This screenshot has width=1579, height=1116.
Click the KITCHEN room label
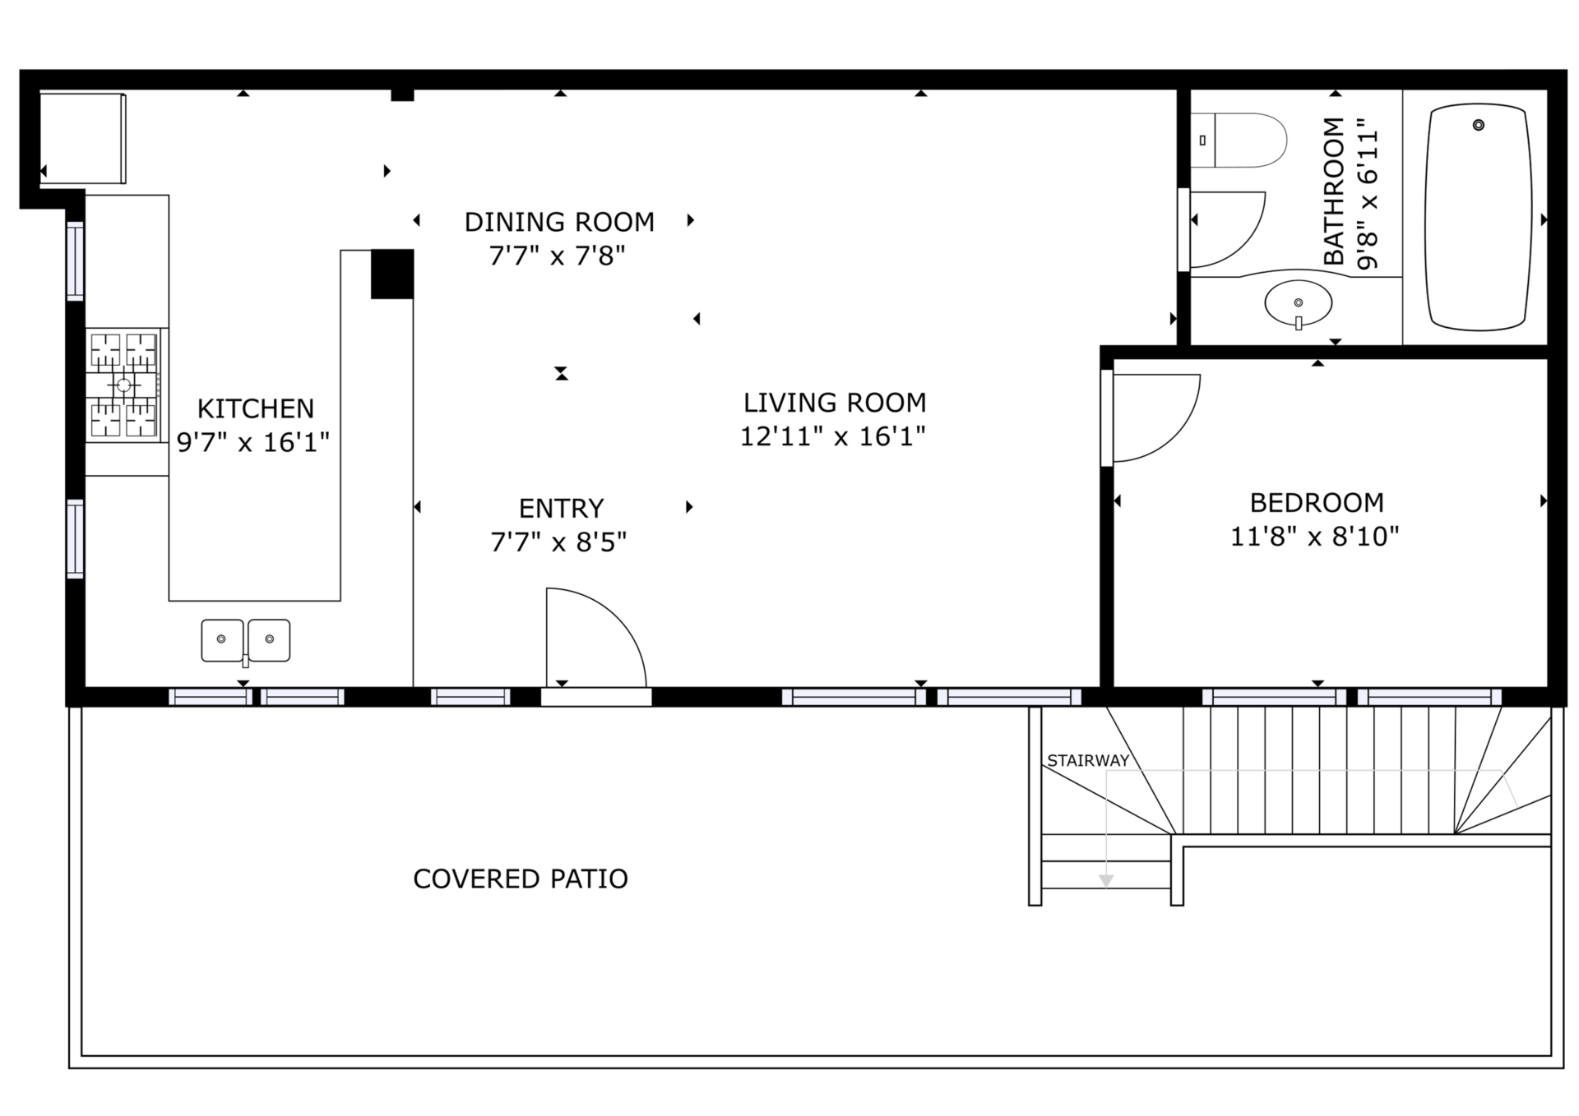pyautogui.click(x=255, y=408)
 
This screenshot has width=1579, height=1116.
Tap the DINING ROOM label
pyautogui.click(x=559, y=222)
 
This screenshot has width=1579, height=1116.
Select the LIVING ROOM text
pyautogui.click(x=835, y=403)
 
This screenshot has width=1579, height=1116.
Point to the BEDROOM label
pyautogui.click(x=1317, y=502)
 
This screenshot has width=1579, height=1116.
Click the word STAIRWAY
pyautogui.click(x=1088, y=761)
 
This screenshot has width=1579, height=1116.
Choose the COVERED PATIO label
pyautogui.click(x=521, y=879)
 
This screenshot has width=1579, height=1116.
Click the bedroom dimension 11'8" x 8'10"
pyautogui.click(x=1314, y=537)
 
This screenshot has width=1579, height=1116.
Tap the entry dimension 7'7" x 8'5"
pyautogui.click(x=558, y=542)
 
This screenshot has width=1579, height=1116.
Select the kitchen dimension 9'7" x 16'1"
pyautogui.click(x=253, y=443)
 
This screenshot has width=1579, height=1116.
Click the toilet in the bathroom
pyautogui.click(x=1238, y=141)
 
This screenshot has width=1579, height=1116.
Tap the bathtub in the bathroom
pyautogui.click(x=1478, y=217)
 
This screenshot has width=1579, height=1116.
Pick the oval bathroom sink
pyautogui.click(x=1299, y=303)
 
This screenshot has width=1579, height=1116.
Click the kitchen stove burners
pyautogui.click(x=123, y=385)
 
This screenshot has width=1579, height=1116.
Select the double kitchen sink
pyautogui.click(x=246, y=641)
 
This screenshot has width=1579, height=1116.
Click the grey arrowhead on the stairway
pyautogui.click(x=1106, y=881)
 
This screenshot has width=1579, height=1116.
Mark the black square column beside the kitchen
pyautogui.click(x=392, y=274)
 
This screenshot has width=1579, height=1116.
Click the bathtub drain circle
pyautogui.click(x=1479, y=125)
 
